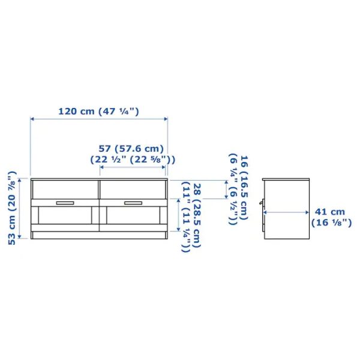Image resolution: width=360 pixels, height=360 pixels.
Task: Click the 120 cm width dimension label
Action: pos(98,111)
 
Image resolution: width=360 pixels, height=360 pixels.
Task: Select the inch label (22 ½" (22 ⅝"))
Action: pos(133,160)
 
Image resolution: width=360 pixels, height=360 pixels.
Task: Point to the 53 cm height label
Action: pos(10,207)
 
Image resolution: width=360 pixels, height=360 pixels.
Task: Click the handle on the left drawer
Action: pos(64,203)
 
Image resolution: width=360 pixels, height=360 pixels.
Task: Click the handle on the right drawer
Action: pos(133,203)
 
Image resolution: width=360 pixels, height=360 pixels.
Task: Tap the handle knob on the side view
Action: pos(262,204)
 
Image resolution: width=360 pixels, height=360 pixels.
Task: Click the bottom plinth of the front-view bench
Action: pos(98,235)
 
